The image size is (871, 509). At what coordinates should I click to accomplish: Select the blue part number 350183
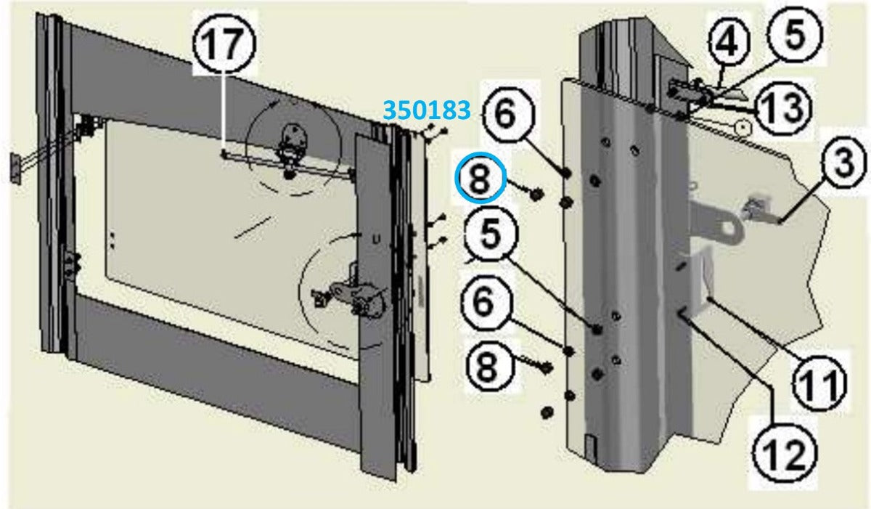click(427, 110)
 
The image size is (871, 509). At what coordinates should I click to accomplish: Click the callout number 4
click(728, 43)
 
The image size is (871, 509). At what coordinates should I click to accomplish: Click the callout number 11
click(819, 384)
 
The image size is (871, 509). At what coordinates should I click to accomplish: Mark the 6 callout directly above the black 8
click(483, 302)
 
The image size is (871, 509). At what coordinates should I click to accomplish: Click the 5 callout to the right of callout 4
click(796, 34)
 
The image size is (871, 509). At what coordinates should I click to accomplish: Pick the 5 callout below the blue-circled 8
click(491, 234)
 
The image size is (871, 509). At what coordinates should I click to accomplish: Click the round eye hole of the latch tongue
click(731, 228)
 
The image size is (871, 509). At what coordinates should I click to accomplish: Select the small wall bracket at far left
click(15, 168)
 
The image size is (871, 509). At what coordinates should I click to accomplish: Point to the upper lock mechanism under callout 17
click(294, 150)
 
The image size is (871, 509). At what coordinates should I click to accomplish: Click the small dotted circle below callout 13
click(743, 128)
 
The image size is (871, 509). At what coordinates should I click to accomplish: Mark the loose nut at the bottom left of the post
click(547, 412)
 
